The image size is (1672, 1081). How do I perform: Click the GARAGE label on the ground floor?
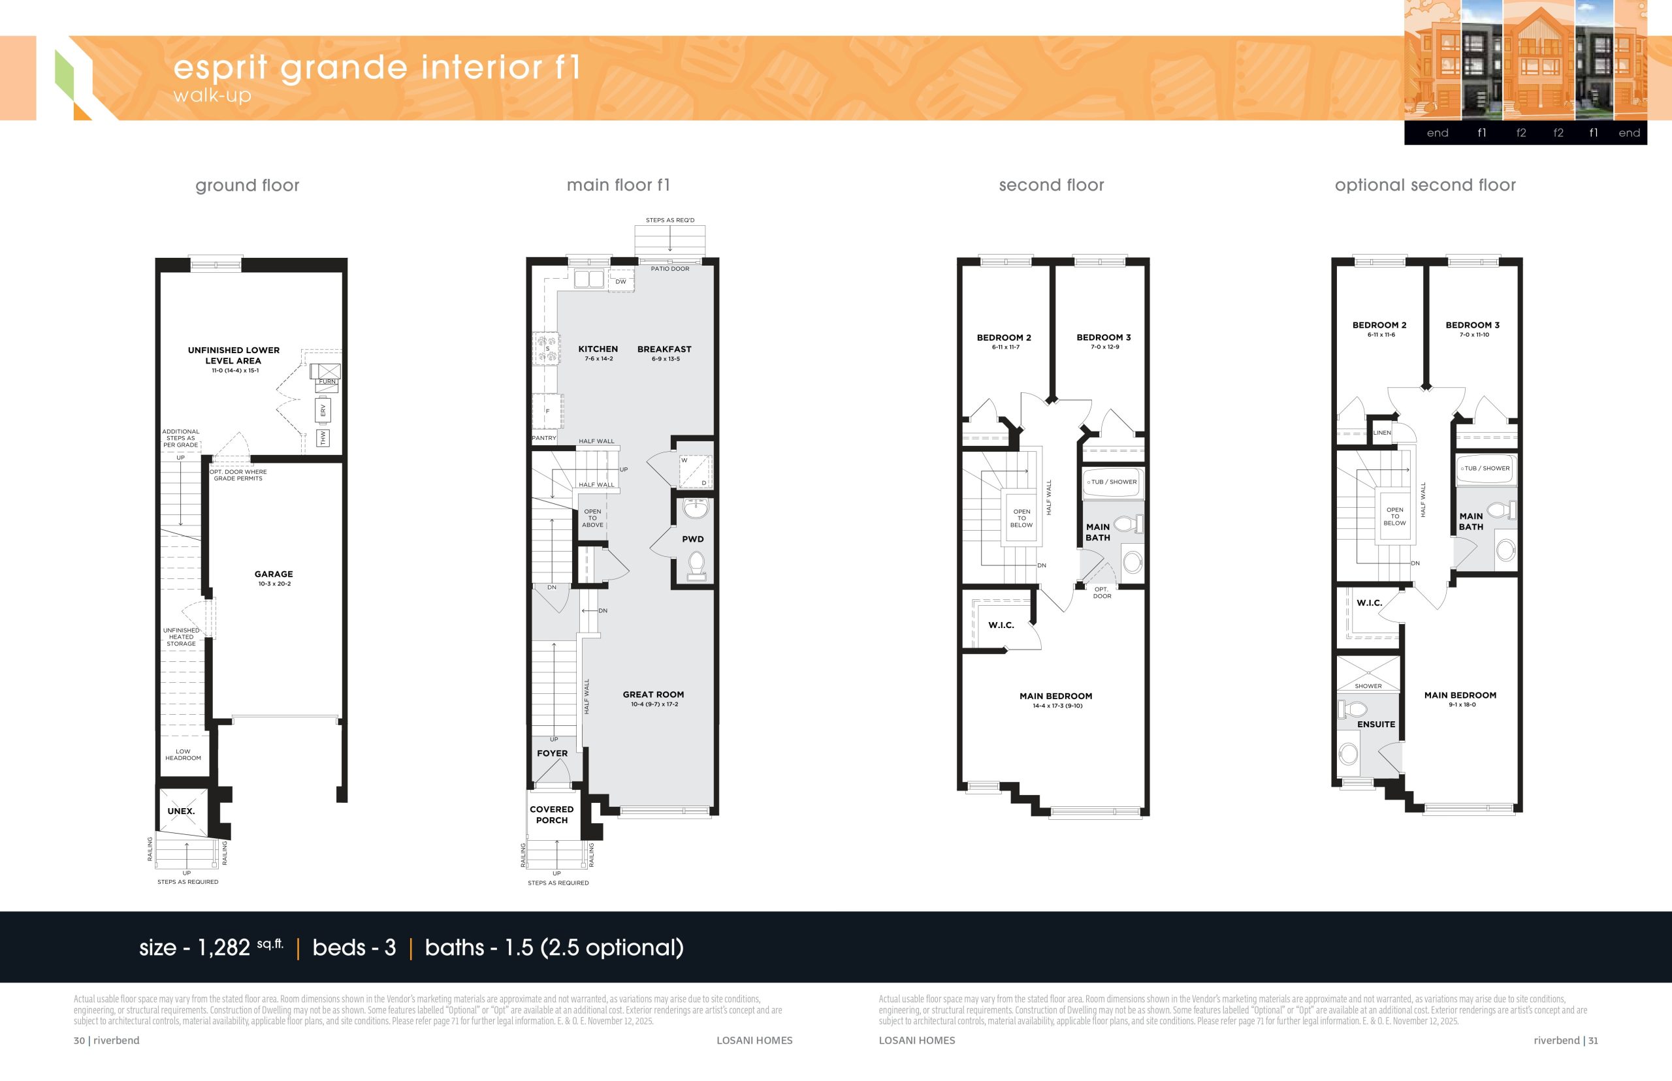click(273, 574)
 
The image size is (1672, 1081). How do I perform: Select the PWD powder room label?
click(692, 539)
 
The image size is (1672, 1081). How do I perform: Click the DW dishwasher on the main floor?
click(620, 281)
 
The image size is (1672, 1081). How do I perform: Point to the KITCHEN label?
click(598, 349)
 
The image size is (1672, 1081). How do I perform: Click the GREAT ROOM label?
click(653, 694)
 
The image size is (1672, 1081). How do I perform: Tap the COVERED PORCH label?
click(551, 814)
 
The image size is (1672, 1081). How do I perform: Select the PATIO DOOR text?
click(670, 269)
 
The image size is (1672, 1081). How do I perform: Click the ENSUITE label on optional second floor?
click(1375, 725)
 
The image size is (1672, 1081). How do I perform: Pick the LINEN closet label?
click(1381, 433)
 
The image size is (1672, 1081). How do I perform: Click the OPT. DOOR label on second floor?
click(1102, 593)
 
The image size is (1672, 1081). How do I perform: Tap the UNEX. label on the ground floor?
click(181, 811)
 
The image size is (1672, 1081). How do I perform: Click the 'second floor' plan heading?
click(1052, 185)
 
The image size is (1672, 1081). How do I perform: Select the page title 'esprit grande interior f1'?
click(377, 67)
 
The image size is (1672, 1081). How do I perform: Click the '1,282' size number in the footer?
click(223, 948)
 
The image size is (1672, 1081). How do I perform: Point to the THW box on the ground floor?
click(323, 438)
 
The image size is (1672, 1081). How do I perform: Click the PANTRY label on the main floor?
click(543, 438)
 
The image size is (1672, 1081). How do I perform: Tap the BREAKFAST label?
click(664, 349)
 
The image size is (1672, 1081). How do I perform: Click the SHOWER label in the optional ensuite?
click(1368, 686)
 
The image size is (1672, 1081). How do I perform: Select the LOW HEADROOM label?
click(183, 755)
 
